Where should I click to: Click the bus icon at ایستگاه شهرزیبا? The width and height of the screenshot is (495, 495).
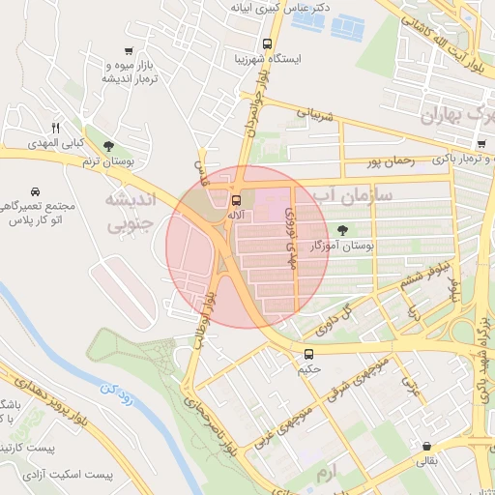267,44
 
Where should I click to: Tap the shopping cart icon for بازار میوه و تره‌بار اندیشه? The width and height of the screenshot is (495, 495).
129,51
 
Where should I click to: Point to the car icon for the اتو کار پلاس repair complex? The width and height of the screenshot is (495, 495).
36,190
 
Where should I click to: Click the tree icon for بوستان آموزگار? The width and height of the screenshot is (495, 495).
342,230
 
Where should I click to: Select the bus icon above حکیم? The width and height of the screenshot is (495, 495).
309,354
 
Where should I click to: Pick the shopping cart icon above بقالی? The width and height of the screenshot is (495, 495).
426,446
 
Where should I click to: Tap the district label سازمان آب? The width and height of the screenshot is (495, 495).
358,194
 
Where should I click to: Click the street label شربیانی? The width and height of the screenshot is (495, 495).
314,115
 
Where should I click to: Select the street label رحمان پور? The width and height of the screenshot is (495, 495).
391,162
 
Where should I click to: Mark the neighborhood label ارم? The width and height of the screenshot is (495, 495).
329,475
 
